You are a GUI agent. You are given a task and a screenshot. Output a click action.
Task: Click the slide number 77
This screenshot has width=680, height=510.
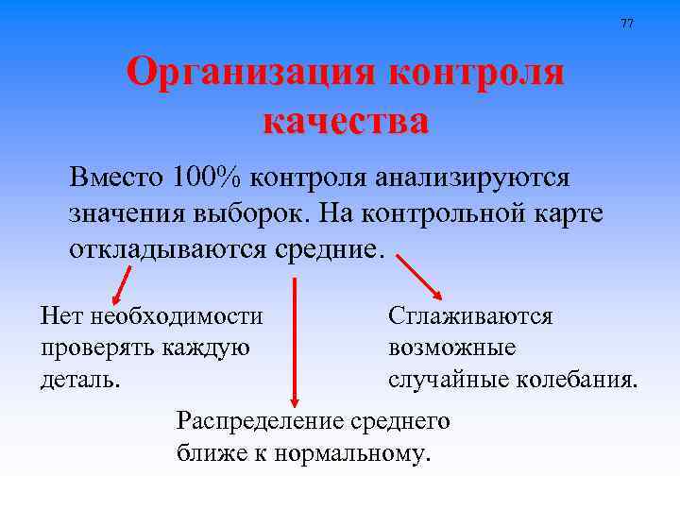pyautogui.click(x=627, y=23)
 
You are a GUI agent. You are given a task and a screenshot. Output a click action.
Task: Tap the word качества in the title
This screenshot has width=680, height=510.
pyautogui.click(x=345, y=121)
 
